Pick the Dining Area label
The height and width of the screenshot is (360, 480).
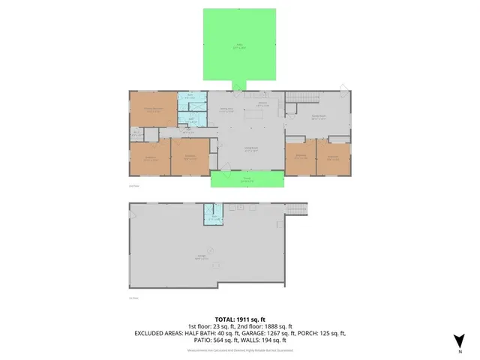[225, 109]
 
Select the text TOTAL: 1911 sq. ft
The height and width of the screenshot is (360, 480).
[240, 319]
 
